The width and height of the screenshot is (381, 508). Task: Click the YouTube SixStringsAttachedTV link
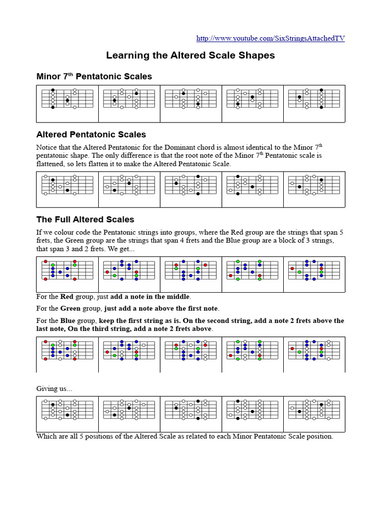pos(270,38)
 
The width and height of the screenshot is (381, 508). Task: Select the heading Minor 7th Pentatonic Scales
pos(94,76)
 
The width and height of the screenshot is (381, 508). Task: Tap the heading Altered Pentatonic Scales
pos(91,134)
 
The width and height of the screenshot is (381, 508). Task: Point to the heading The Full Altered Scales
pos(85,219)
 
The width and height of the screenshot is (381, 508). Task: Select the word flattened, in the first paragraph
pos(52,164)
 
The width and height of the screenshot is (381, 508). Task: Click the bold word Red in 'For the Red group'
pos(67,297)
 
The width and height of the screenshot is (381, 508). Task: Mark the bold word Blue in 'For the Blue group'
pos(68,320)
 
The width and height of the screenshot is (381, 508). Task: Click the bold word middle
pos(177,297)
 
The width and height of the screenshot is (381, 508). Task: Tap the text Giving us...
pos(54,389)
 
